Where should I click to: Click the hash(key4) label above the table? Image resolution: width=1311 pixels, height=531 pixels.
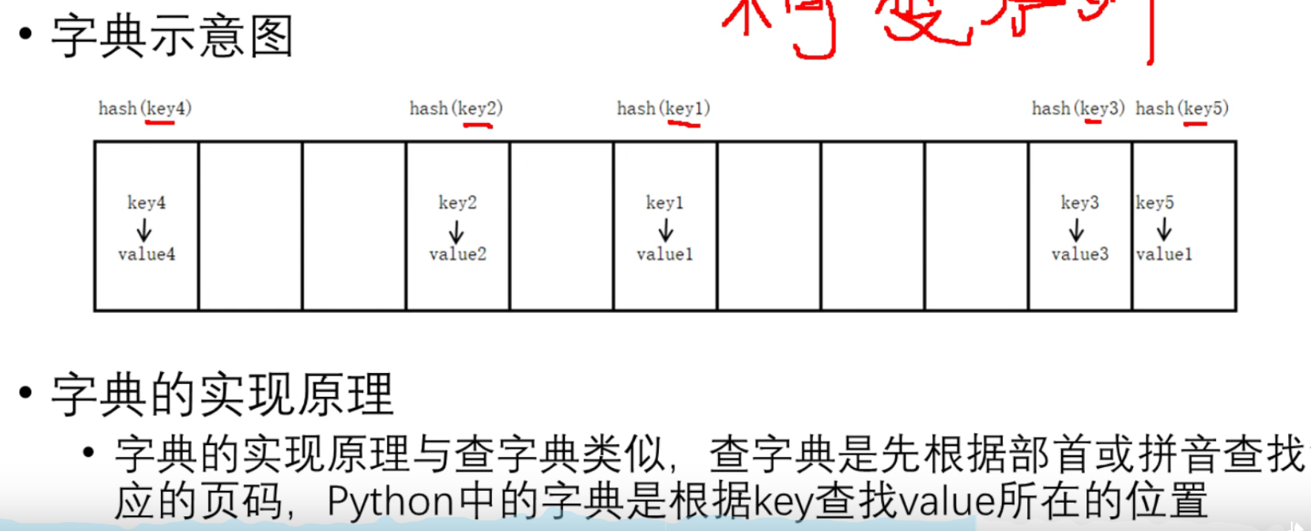[x=145, y=108]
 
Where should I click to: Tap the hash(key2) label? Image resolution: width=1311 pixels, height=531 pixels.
[x=456, y=108]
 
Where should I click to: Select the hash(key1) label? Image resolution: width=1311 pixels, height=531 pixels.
[x=663, y=108]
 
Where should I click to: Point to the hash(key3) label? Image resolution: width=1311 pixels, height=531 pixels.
[x=1078, y=108]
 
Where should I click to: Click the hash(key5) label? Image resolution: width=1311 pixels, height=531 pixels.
[x=1182, y=108]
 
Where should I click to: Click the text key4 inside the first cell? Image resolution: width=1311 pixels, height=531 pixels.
[x=147, y=202]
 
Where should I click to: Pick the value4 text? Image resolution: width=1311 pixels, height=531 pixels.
[x=147, y=254]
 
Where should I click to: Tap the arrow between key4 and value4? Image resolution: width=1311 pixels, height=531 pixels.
[x=145, y=229]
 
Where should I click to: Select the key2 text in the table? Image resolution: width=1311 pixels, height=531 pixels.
[x=457, y=202]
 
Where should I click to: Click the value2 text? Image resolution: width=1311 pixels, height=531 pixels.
[x=457, y=254]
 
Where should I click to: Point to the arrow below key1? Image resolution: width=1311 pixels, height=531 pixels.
[x=666, y=229]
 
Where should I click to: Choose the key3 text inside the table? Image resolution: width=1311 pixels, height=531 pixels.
[x=1080, y=202]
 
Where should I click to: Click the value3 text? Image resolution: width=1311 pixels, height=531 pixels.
[x=1080, y=254]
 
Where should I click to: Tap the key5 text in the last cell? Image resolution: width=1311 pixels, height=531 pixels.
[x=1155, y=202]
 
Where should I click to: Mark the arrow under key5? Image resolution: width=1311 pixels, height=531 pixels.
[x=1164, y=229]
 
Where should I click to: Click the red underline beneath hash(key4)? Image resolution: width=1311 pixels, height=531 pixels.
[x=159, y=122]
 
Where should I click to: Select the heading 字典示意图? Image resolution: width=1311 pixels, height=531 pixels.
[x=172, y=37]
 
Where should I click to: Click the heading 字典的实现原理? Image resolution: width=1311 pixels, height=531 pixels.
[x=222, y=395]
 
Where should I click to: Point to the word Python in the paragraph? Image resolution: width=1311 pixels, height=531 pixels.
[x=390, y=501]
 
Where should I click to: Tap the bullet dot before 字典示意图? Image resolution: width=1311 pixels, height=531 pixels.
[x=26, y=34]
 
